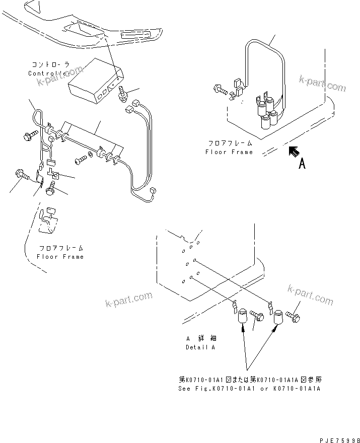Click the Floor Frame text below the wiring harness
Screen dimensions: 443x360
pyautogui.click(x=60, y=256)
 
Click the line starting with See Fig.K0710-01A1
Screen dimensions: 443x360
pyautogui.click(x=249, y=389)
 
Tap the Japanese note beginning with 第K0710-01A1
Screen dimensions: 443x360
pyautogui.click(x=249, y=380)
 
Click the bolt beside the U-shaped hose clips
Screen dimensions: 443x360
pyautogui.click(x=222, y=91)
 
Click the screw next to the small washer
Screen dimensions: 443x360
pyautogui.click(x=80, y=161)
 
